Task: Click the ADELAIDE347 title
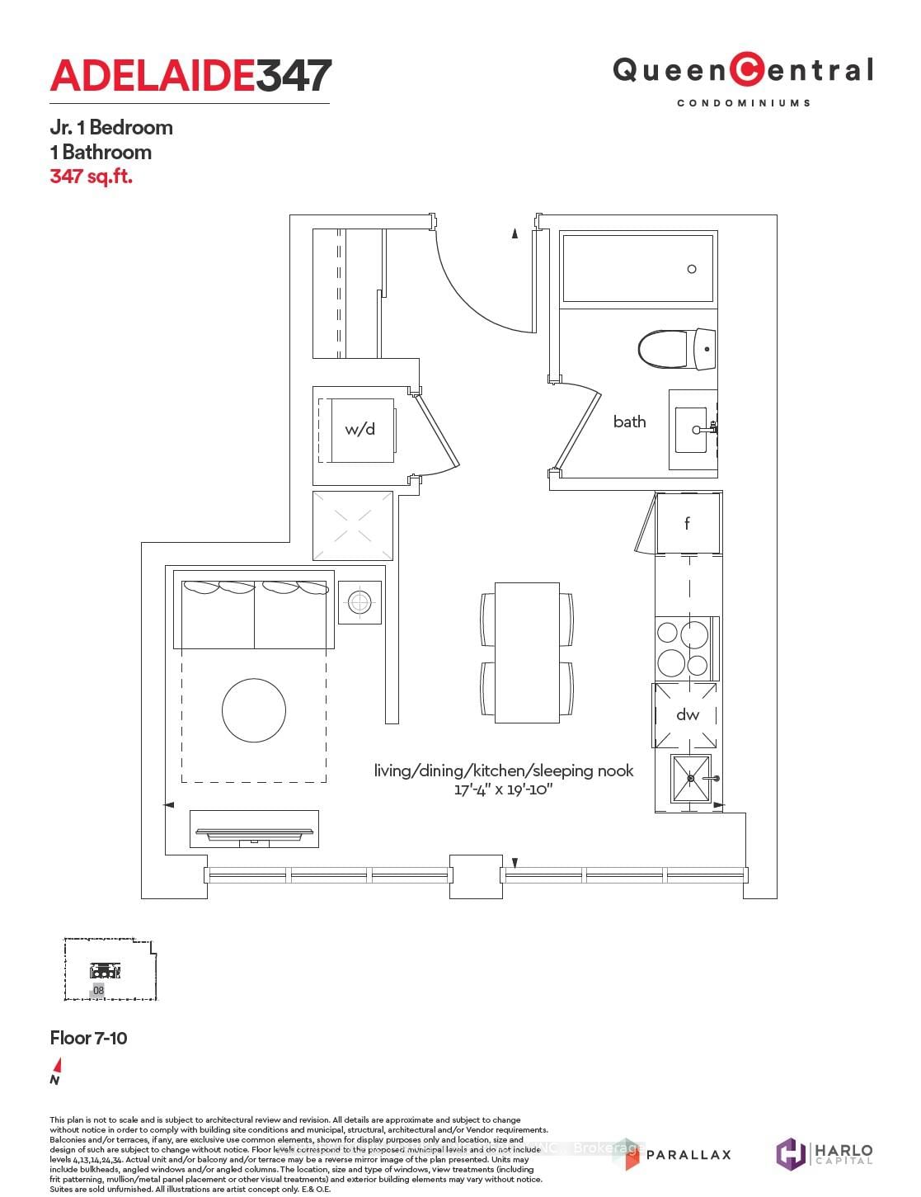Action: (x=190, y=76)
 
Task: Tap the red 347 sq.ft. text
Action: (x=91, y=176)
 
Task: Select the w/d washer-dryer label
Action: (x=359, y=429)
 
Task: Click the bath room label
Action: (x=629, y=422)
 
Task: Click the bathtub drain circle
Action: (x=692, y=269)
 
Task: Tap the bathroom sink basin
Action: (x=692, y=429)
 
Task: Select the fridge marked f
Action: (x=687, y=523)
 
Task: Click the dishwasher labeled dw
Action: (x=687, y=714)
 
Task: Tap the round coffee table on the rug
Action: (x=254, y=709)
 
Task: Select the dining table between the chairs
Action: (x=527, y=652)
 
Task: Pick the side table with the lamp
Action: (x=359, y=602)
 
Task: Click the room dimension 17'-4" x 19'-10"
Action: (x=503, y=789)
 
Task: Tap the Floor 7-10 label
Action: (x=89, y=1038)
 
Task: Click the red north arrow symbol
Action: (x=56, y=1065)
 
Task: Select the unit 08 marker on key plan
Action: (x=98, y=990)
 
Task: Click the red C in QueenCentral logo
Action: (x=747, y=70)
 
